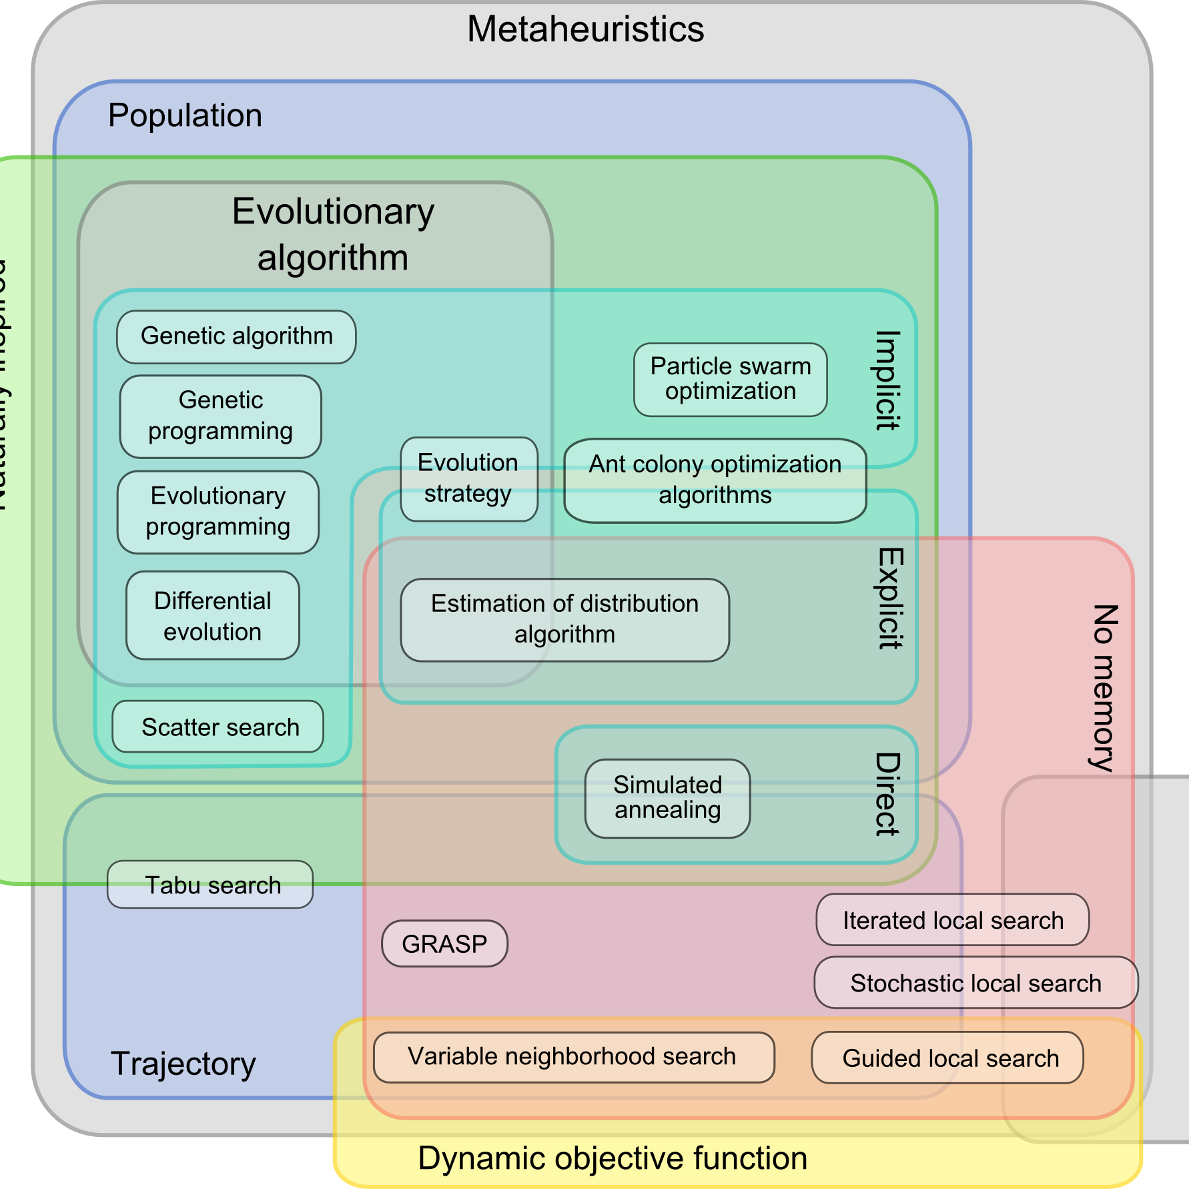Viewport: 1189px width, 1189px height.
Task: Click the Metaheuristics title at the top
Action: pos(585,29)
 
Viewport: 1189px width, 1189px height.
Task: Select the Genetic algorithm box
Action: pos(236,336)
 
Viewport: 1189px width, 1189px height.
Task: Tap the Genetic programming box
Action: pos(220,416)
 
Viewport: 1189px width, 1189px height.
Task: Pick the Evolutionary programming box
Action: pos(218,512)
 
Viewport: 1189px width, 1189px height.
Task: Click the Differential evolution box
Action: pos(213,615)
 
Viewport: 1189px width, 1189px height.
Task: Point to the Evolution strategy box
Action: pos(468,478)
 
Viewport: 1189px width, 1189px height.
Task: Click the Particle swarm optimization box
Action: pos(731,379)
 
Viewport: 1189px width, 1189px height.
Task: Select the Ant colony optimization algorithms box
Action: pos(715,480)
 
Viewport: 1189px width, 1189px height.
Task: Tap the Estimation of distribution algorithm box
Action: pos(564,619)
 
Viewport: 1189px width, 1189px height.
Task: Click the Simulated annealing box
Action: pos(667,797)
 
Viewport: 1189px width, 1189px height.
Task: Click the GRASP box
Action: pos(444,943)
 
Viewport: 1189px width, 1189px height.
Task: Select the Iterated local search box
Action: pos(952,920)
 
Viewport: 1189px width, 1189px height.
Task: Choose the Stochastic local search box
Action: pos(975,983)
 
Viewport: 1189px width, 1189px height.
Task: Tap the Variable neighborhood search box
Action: pos(573,1057)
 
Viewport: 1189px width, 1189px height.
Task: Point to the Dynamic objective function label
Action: pos(612,1158)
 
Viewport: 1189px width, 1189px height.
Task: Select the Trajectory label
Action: pos(183,1064)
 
